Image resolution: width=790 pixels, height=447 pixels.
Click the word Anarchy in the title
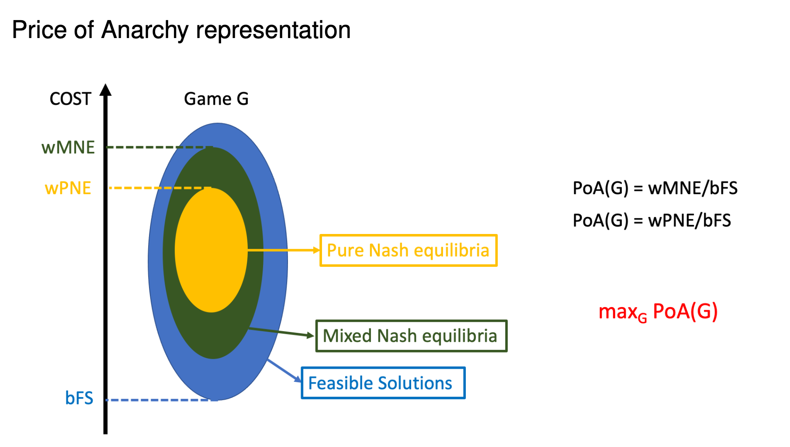(x=145, y=31)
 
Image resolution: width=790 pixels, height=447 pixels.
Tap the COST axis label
(x=70, y=99)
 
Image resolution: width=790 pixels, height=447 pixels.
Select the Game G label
(x=216, y=99)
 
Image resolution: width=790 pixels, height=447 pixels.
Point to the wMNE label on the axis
(x=68, y=147)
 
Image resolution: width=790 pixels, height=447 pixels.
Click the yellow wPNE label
(x=68, y=188)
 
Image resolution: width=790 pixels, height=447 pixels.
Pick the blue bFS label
(x=79, y=398)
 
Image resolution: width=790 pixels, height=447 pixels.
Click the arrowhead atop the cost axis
(x=105, y=89)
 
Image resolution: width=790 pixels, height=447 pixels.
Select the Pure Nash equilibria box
(x=408, y=250)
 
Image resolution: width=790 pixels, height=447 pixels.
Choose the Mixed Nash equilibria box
(x=411, y=336)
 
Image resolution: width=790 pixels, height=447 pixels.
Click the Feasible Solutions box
(x=383, y=383)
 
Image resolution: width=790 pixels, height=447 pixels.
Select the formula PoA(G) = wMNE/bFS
(x=655, y=188)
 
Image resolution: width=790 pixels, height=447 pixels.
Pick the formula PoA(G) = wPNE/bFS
(x=651, y=220)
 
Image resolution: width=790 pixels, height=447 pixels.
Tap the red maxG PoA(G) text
(x=658, y=312)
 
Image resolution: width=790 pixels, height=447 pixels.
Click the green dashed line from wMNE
(x=159, y=147)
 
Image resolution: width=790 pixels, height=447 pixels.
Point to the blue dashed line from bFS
(x=162, y=400)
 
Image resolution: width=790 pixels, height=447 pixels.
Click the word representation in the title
(x=273, y=31)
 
